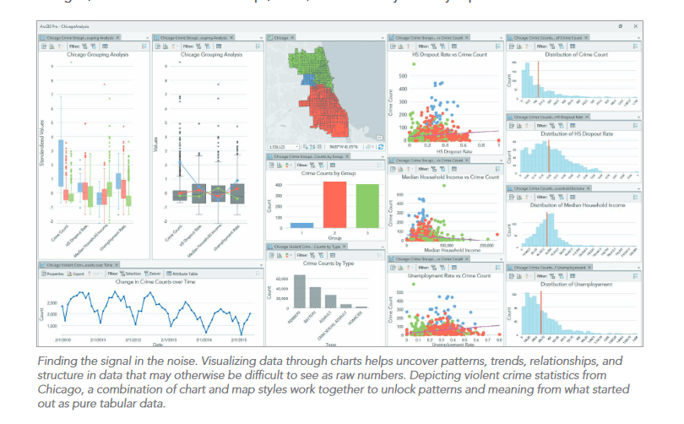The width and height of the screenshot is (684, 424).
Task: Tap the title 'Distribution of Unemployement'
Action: pyautogui.click(x=575, y=282)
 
